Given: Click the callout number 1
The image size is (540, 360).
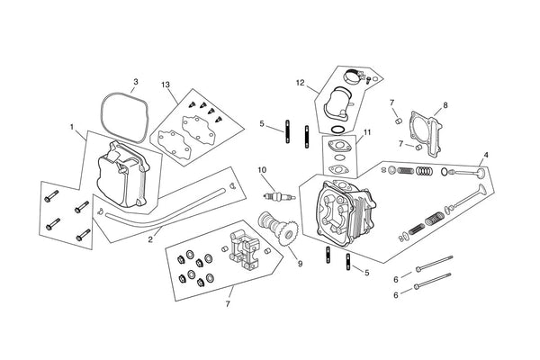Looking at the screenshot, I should pyautogui.click(x=71, y=127).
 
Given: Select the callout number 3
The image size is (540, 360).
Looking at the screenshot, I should pyautogui.click(x=135, y=82).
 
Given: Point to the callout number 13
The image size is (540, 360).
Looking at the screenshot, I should pyautogui.click(x=165, y=85).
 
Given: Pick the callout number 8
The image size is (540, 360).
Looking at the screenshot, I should pyautogui.click(x=445, y=105).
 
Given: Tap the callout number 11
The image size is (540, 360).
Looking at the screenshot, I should pyautogui.click(x=367, y=132).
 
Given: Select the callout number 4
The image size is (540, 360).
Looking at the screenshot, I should pyautogui.click(x=486, y=154).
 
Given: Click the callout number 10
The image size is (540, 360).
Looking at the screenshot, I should pyautogui.click(x=262, y=169).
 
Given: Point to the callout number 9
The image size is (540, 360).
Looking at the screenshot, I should pyautogui.click(x=300, y=265).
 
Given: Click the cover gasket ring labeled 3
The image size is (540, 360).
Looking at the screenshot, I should pyautogui.click(x=118, y=114).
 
